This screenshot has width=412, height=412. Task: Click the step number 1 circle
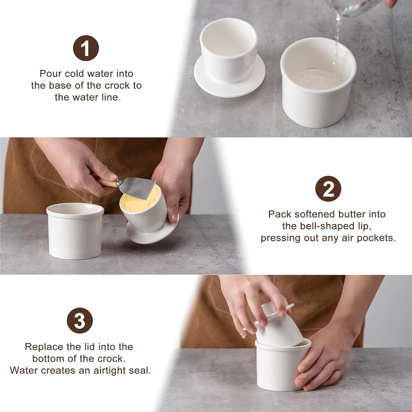click(x=86, y=48)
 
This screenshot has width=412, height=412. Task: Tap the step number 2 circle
click(x=328, y=189)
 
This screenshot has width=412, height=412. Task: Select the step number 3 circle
click(x=80, y=321)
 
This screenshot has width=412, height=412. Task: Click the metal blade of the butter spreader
click(x=137, y=187)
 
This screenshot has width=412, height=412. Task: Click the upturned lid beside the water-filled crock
click(x=229, y=58)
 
